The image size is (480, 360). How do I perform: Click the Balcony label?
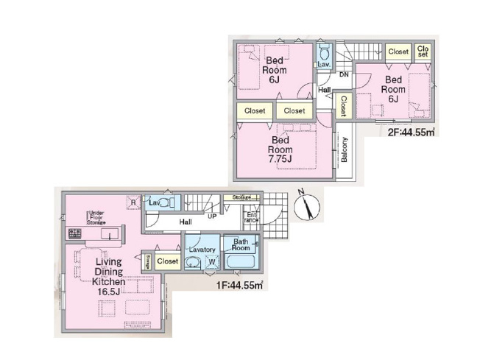[345, 152]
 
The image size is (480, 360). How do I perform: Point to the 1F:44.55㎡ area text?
[239, 286]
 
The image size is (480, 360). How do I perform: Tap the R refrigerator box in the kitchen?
[132, 202]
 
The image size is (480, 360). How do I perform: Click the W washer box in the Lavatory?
[212, 261]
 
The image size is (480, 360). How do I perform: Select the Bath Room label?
[240, 245]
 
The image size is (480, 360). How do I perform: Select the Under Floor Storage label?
[96, 216]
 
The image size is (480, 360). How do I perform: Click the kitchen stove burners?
[75, 234]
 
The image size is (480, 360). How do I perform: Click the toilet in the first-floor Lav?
[167, 202]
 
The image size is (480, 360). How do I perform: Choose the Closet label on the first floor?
[168, 261]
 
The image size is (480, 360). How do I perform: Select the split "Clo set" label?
[423, 52]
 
